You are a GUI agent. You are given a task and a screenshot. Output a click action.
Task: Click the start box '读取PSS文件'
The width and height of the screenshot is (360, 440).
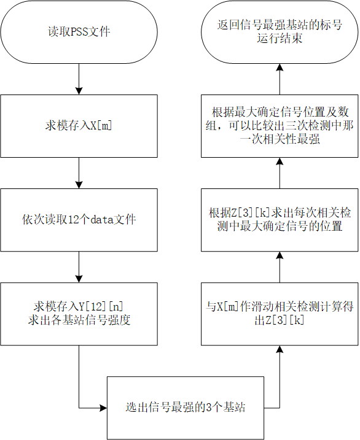[79, 32]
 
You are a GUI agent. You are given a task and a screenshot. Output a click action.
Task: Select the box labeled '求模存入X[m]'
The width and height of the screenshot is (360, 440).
[79, 126]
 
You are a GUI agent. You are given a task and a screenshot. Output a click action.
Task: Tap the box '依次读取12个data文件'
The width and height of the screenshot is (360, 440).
[79, 220]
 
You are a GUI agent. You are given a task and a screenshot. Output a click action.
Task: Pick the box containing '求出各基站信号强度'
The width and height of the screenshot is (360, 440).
[79, 314]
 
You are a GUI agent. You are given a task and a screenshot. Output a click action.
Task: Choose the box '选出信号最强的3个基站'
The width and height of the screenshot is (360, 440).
[186, 407]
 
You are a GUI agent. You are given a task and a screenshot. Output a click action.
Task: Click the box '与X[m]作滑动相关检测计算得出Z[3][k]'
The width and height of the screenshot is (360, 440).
[280, 314]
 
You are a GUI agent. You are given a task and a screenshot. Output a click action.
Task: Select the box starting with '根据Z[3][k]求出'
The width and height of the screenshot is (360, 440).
[280, 220]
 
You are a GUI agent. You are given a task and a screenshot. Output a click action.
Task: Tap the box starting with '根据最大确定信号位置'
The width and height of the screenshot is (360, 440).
[280, 126]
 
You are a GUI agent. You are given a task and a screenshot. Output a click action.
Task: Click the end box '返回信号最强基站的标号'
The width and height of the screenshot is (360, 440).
[280, 32]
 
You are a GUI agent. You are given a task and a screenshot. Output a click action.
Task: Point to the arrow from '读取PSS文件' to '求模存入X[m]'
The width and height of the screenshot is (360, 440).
[79, 79]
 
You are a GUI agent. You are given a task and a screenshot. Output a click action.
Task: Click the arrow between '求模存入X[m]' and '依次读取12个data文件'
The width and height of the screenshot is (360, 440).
[79, 173]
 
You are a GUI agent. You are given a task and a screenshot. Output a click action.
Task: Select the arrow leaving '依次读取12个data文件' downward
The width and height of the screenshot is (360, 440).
[79, 267]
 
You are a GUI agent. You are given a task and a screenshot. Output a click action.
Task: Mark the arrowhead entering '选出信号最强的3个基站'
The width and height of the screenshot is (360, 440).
[104, 407]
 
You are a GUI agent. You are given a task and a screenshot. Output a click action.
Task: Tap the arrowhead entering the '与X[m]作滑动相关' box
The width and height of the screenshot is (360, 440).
[280, 349]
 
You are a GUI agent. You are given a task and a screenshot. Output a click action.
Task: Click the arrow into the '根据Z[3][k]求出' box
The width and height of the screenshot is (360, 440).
[280, 267]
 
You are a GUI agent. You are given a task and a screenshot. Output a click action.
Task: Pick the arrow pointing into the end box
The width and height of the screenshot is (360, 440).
[280, 79]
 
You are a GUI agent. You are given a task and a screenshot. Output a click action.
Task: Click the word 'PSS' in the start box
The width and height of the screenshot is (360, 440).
[79, 31]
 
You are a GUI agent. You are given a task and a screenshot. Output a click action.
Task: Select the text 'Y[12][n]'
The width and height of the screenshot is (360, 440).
[101, 306]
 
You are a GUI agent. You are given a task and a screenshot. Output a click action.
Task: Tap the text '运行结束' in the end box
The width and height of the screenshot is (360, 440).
[280, 38]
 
